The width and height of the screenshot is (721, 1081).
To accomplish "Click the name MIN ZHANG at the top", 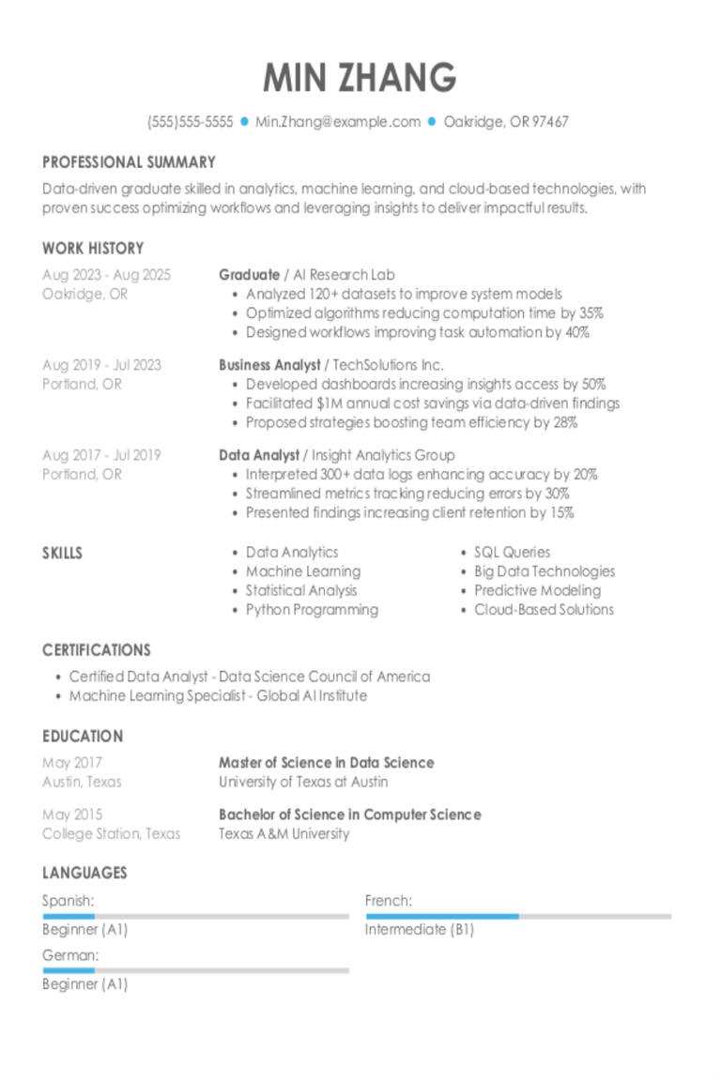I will (x=360, y=78).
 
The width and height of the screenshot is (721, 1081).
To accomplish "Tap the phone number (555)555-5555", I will (x=190, y=122).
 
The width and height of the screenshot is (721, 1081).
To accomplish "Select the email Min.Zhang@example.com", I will (x=338, y=122).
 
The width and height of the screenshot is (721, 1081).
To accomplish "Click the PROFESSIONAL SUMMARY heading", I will (x=129, y=162).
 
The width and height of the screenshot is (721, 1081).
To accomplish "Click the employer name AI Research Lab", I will (x=345, y=275).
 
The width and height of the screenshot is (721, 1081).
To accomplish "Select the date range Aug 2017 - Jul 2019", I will (x=101, y=455).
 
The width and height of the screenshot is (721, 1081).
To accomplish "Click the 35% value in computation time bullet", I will (x=591, y=313).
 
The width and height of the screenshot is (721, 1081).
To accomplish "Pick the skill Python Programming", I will (x=312, y=610).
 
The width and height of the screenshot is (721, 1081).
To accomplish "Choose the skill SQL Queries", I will (x=512, y=553).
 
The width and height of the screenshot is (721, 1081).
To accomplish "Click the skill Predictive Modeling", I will (x=537, y=590).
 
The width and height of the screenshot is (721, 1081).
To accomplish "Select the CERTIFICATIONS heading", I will (x=96, y=650).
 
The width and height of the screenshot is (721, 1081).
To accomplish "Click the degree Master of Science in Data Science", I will (x=326, y=763).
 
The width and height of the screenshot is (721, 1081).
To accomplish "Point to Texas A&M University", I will (x=284, y=833).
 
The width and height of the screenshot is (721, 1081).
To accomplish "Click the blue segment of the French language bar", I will (x=442, y=916).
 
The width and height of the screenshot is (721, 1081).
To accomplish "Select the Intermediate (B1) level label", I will (x=419, y=930).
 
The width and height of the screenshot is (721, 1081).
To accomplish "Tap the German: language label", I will (x=70, y=955).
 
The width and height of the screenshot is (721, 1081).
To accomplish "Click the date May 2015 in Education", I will (x=72, y=815).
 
